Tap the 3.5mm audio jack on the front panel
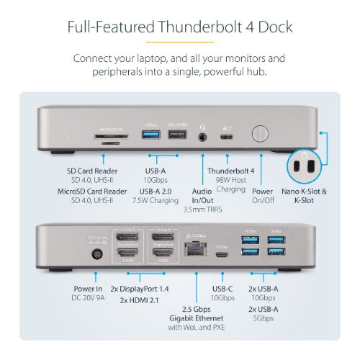(209, 135)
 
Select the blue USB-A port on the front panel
(150, 135)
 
